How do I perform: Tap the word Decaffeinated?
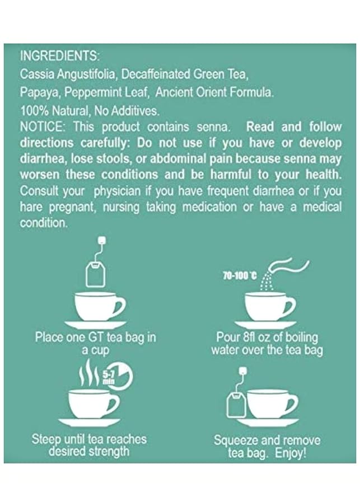156,74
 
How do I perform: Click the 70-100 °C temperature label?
240,276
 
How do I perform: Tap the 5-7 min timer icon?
118,376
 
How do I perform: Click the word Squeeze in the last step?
237,441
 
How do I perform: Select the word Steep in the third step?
46,439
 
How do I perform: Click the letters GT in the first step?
95,338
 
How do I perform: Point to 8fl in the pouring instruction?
250,338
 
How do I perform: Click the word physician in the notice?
117,191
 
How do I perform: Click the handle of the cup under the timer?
114,404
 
